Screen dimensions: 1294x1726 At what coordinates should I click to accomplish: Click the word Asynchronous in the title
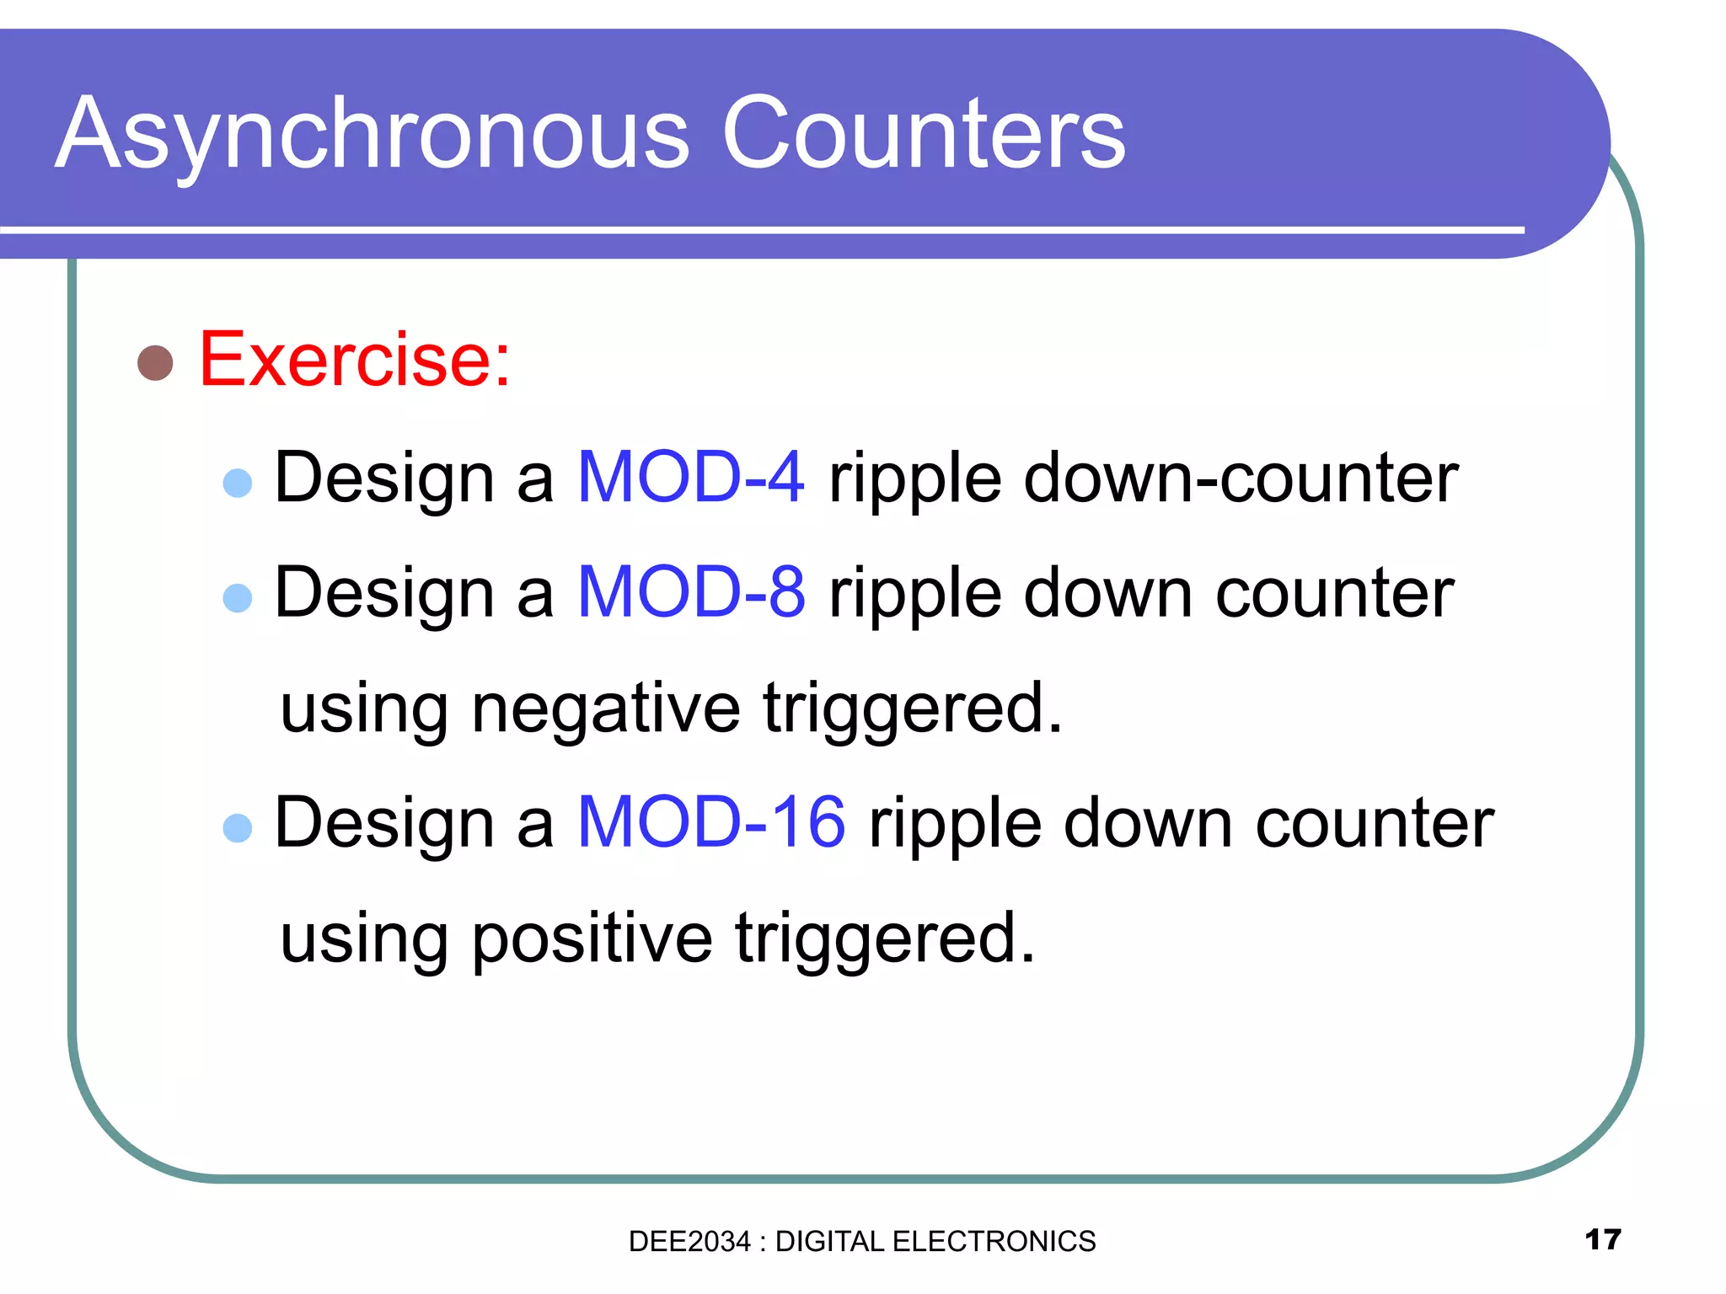point(372,135)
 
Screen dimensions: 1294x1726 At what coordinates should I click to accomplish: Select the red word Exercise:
point(355,361)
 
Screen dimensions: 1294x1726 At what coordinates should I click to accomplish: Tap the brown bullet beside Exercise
point(155,363)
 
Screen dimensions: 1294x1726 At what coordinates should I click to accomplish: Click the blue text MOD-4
point(691,478)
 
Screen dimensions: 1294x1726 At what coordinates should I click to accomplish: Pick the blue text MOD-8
point(691,593)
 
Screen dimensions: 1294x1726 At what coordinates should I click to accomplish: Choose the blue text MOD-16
point(711,823)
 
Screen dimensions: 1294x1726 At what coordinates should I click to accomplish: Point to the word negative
point(606,708)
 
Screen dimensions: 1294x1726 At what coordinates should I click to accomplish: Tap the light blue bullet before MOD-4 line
point(238,483)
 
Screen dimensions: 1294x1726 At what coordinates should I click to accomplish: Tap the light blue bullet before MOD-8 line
point(238,598)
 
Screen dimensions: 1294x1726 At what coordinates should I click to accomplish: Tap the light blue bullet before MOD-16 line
point(238,828)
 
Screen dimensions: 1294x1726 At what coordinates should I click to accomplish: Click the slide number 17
point(1602,1239)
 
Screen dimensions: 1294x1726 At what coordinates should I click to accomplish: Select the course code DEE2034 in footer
point(689,1242)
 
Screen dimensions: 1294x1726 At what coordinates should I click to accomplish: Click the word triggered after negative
point(913,708)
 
